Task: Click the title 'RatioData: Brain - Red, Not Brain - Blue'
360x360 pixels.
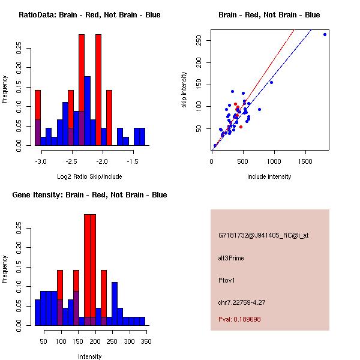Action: click(89, 15)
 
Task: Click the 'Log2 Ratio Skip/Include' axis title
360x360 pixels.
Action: click(89, 176)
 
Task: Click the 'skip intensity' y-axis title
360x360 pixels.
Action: click(184, 90)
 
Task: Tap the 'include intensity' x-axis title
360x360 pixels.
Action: click(269, 176)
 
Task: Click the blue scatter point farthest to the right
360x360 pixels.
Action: click(325, 34)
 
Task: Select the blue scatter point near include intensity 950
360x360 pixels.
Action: click(271, 82)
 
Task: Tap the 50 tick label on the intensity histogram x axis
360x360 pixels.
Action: click(43, 342)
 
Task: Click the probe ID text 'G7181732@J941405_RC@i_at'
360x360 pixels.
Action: click(263, 236)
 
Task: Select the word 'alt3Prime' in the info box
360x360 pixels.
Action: click(231, 258)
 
